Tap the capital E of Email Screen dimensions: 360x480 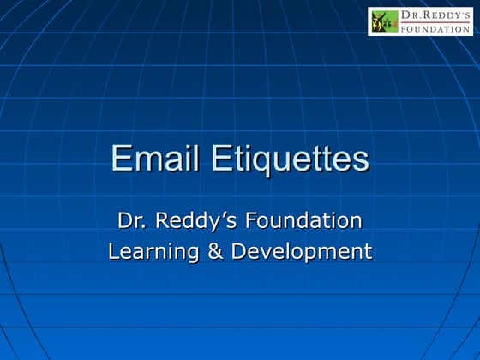pyautogui.click(x=121, y=159)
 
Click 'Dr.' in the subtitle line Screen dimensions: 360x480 pyautogui.click(x=129, y=221)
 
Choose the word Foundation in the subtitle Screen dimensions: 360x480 pyautogui.click(x=303, y=221)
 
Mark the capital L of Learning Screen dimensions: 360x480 pyautogui.click(x=114, y=252)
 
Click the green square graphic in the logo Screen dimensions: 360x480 pyautogui.click(x=385, y=21)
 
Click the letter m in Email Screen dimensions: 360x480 pyautogui.click(x=147, y=161)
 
